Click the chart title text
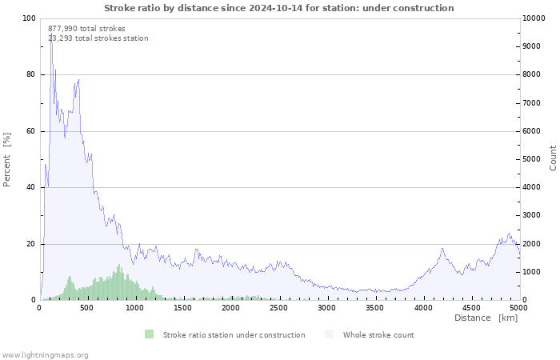(x=278, y=8)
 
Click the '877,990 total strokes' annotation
(x=86, y=29)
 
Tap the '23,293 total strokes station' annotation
(x=98, y=38)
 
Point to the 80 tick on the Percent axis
(x=31, y=75)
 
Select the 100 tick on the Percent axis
(x=29, y=18)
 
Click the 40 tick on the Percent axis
(x=31, y=188)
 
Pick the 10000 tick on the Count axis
(x=534, y=18)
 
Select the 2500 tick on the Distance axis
(x=279, y=307)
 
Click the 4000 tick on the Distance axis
(x=423, y=307)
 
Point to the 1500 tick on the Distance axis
(x=183, y=307)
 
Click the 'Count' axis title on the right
(x=553, y=158)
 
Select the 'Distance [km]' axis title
(x=486, y=318)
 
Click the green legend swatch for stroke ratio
(x=150, y=334)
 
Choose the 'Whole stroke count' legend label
(x=378, y=334)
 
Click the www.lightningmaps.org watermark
(x=46, y=354)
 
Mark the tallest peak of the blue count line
(x=51, y=34)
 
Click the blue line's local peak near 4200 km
(x=442, y=248)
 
